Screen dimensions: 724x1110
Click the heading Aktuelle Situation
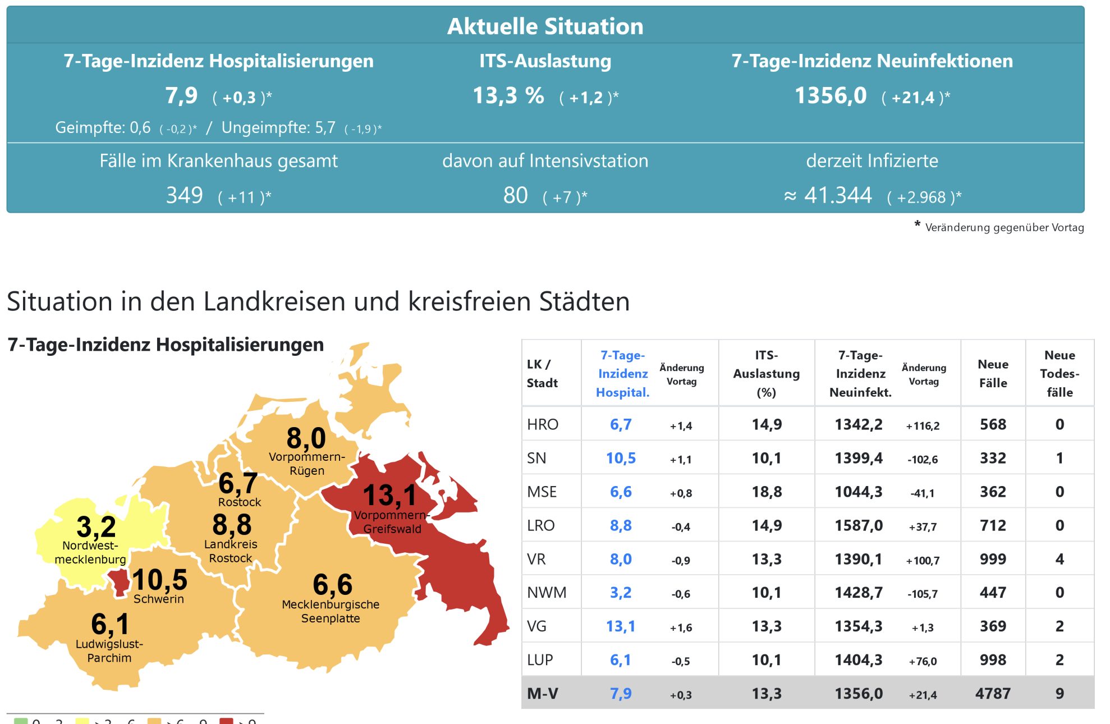pos(545,26)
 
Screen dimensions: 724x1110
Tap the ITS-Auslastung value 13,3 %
pos(508,96)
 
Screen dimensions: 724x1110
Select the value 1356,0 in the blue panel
pos(831,96)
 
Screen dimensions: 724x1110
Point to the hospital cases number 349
pos(184,195)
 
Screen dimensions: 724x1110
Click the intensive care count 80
pos(515,195)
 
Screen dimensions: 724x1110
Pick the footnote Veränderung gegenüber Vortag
pos(1004,227)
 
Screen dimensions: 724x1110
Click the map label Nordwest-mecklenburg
pos(90,552)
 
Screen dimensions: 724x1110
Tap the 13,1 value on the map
pos(389,496)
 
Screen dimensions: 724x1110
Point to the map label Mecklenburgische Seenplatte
pos(331,611)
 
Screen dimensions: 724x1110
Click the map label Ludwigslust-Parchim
pos(109,650)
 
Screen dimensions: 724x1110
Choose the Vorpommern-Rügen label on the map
pos(307,464)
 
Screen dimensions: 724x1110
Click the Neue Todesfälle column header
pos(1059,373)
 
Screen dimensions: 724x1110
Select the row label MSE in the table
pos(542,492)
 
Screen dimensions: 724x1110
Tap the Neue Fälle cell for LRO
pos(993,525)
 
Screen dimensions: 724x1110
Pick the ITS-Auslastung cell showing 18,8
pos(767,492)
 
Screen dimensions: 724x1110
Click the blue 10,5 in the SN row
pos(621,458)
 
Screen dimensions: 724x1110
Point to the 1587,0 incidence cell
pos(859,525)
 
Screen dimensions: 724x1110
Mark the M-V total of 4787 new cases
pos(993,694)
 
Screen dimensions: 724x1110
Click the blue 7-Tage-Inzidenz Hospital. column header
pos(622,373)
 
